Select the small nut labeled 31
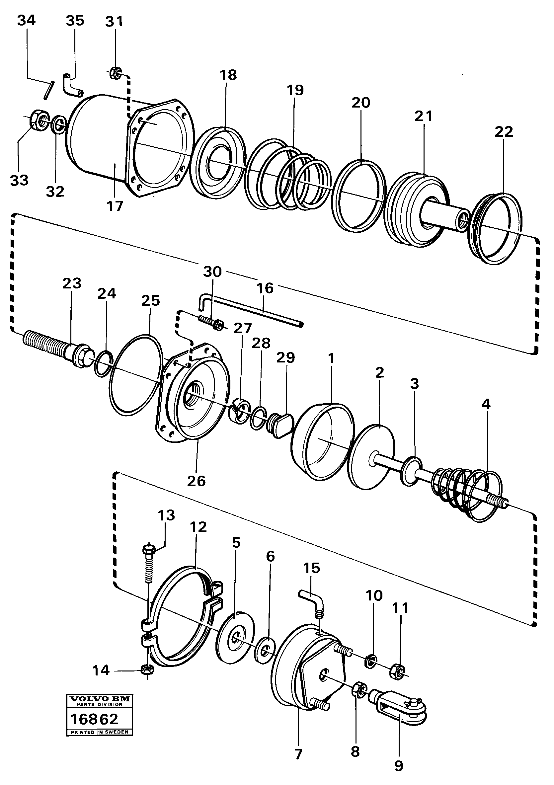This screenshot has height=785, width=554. pos(115,72)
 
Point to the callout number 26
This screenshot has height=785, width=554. pos(196,481)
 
